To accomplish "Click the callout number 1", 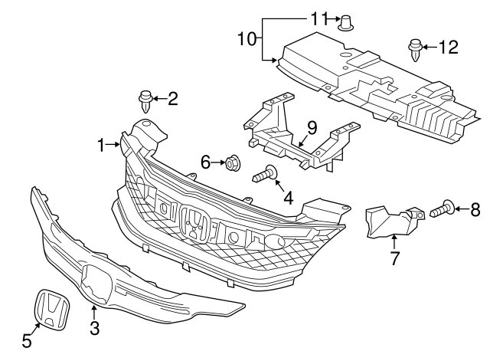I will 100,143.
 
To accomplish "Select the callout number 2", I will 172,97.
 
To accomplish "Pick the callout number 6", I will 205,162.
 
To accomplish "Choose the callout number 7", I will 395,258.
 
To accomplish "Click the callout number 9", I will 312,126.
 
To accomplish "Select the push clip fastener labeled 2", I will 145,99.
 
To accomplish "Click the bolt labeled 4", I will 265,175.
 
